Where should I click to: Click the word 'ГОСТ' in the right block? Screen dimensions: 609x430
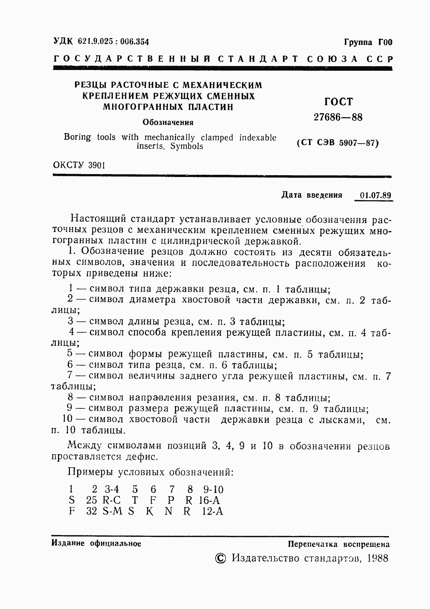338,102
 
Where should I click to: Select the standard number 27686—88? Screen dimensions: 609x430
338,118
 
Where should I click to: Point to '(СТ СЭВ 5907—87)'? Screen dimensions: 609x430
338,143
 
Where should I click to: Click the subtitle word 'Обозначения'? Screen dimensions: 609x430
168,122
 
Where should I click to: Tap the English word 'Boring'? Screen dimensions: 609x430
77,137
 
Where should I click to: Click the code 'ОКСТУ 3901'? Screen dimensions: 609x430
79,165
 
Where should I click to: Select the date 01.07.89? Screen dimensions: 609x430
376,195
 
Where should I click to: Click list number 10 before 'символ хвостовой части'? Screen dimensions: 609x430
67,419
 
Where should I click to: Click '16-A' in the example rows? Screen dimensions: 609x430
209,501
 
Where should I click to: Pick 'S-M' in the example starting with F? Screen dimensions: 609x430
112,512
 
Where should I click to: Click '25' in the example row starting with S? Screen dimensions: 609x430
92,501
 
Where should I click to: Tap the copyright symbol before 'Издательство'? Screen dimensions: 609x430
220,558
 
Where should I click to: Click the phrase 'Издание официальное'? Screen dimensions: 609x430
96,543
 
